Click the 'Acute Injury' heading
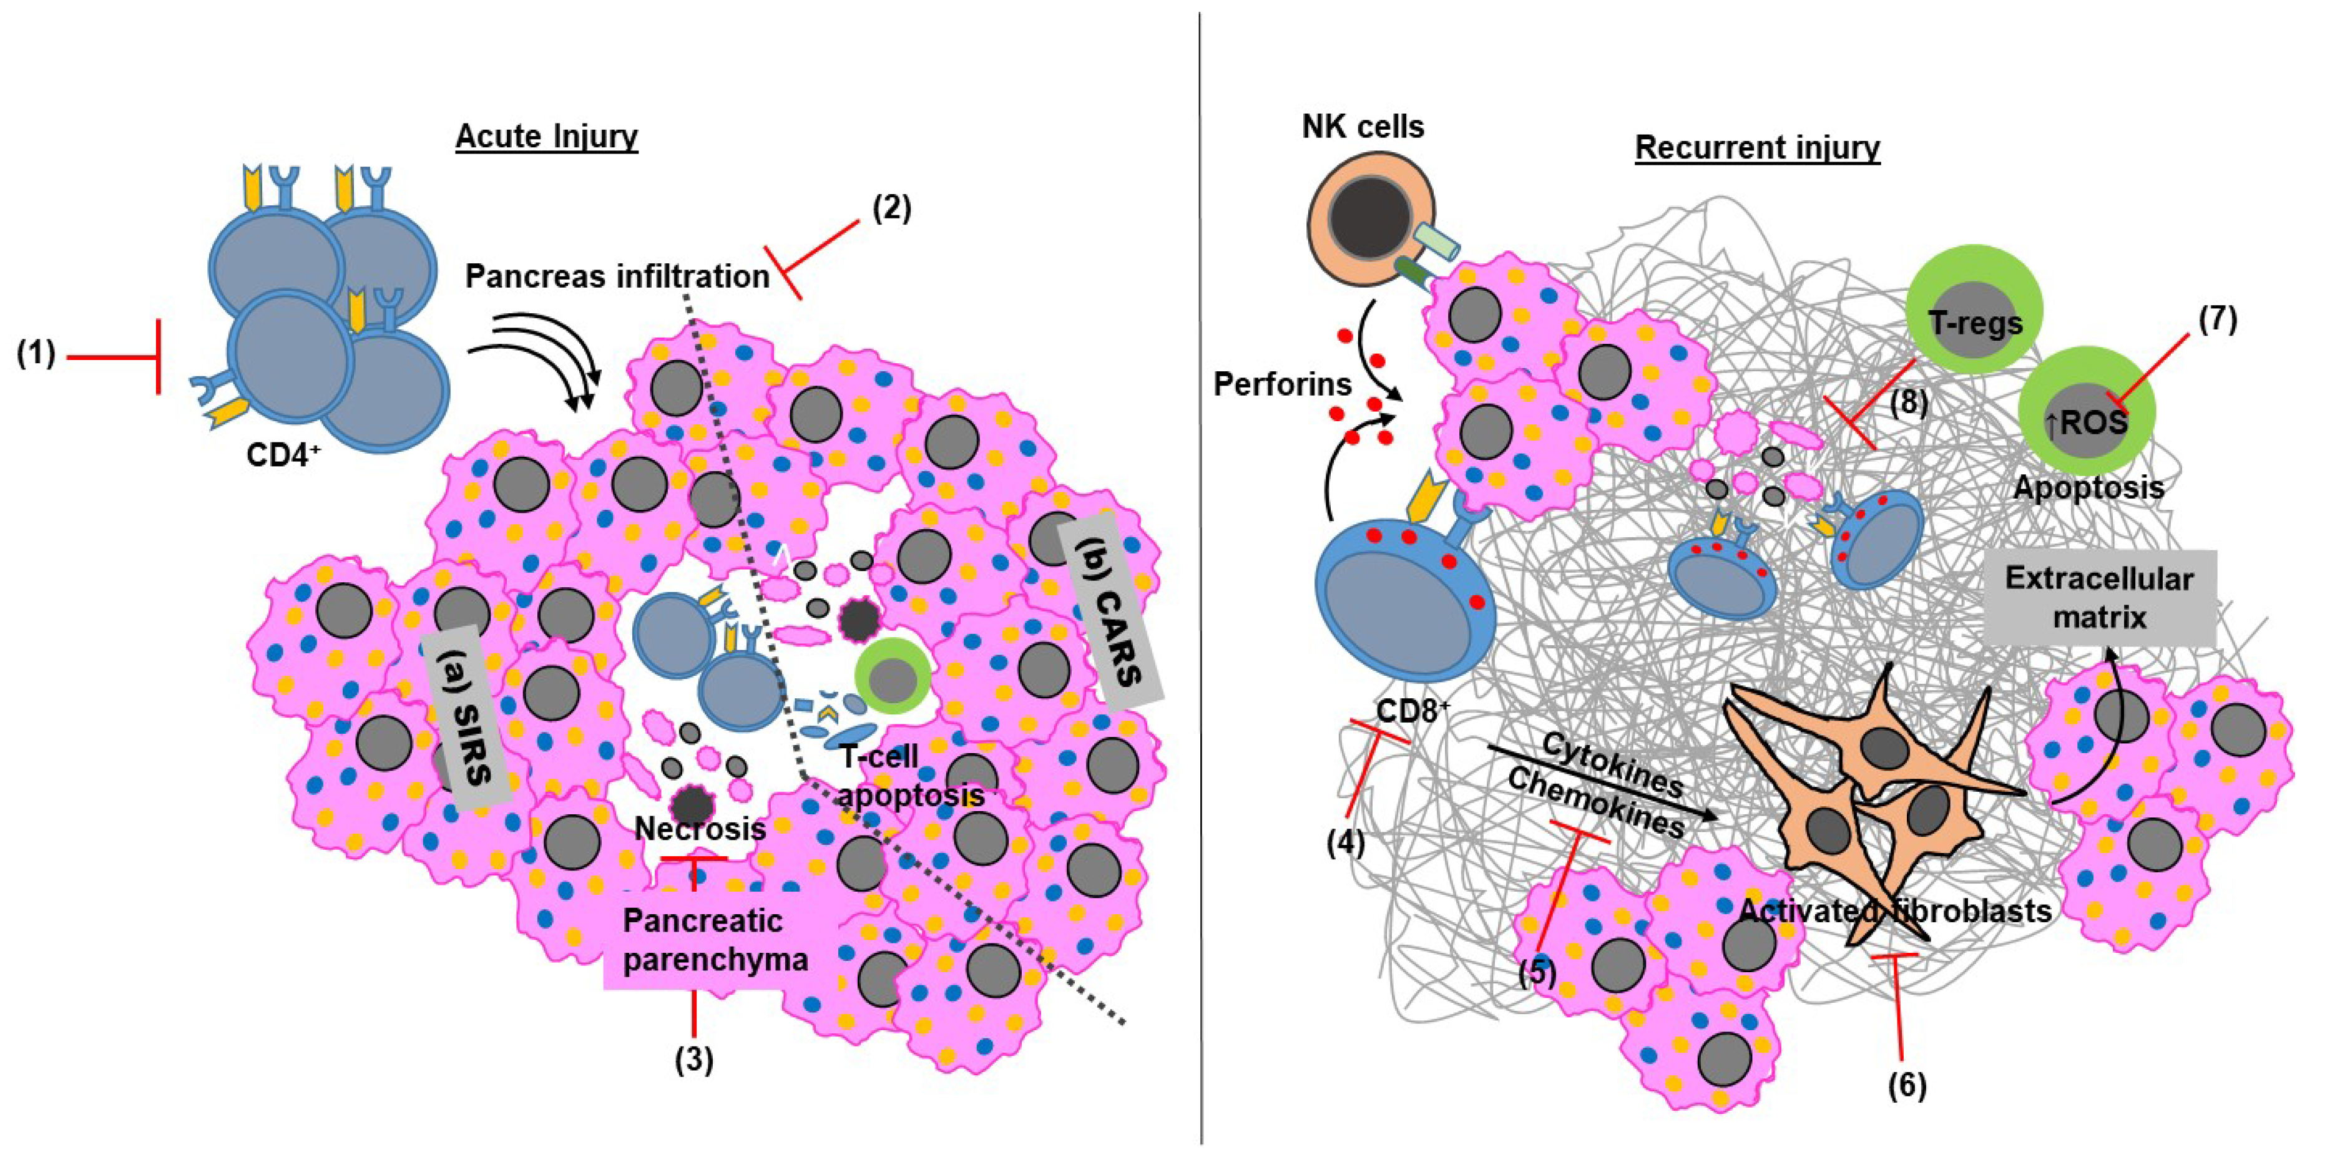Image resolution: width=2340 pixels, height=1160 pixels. tap(546, 136)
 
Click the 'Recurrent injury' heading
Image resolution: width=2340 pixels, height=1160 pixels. tap(1757, 147)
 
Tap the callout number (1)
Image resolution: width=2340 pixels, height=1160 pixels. tap(36, 353)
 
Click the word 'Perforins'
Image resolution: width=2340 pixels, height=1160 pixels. tap(1283, 385)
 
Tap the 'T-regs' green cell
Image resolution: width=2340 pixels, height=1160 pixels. tap(1975, 323)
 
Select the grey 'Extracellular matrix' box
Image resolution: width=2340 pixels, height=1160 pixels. tap(2098, 598)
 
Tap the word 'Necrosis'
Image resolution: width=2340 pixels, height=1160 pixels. tap(700, 829)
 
